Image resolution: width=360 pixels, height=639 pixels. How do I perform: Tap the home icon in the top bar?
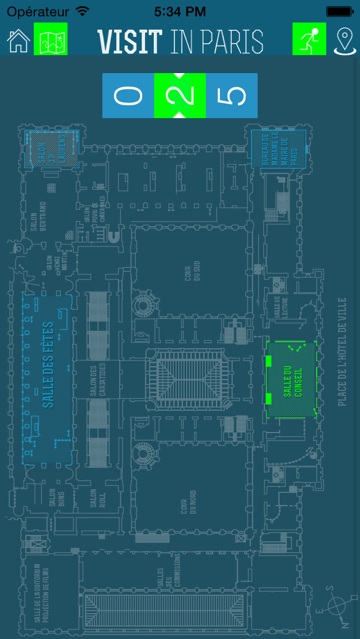coord(18,40)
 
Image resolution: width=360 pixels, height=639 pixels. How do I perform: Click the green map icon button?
coord(51,39)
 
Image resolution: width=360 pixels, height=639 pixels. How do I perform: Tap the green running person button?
coord(309,39)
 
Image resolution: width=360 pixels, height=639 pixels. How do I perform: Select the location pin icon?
coord(344,40)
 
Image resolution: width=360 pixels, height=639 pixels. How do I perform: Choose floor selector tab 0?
coord(128,96)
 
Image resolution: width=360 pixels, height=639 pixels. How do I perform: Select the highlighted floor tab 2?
coord(180,96)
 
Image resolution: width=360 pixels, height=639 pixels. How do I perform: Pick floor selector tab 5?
coord(232,96)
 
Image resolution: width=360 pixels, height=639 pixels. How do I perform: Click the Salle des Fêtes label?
coord(48,364)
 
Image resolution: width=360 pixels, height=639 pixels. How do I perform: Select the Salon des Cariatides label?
coord(98,380)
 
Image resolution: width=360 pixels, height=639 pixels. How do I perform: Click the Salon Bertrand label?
coord(38,216)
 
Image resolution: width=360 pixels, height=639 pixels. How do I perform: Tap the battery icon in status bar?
coord(339,11)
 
